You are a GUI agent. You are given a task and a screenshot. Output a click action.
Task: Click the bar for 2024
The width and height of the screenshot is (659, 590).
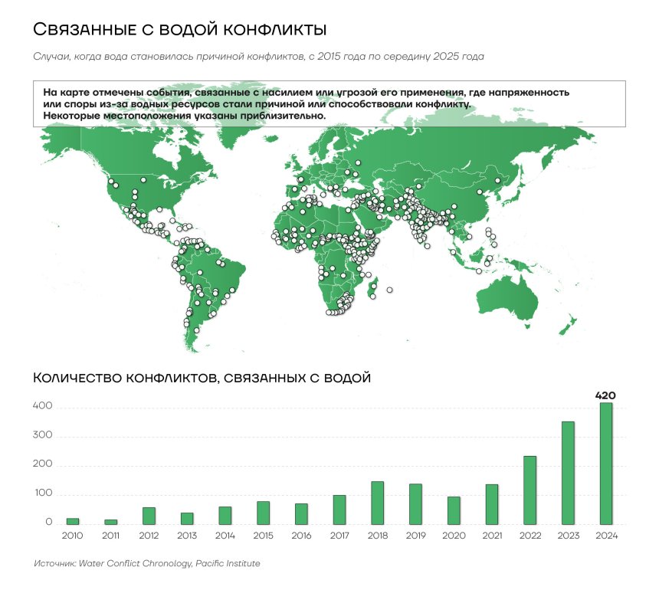pos(605,464)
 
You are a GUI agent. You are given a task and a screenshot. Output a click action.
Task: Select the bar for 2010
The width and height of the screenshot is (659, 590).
pos(73,521)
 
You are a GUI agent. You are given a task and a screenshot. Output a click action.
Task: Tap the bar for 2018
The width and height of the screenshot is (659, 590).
pos(377,503)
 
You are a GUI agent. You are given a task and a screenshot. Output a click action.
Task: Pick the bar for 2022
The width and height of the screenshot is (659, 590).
pos(529,490)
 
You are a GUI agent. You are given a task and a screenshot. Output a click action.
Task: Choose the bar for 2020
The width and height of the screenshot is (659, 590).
pos(454,510)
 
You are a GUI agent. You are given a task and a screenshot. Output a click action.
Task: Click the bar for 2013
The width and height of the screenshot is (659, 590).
pos(187,519)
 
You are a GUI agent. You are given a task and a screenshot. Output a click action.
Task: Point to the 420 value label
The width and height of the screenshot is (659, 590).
pos(605,395)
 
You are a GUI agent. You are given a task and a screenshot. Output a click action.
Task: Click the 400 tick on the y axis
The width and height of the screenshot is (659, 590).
pos(43,407)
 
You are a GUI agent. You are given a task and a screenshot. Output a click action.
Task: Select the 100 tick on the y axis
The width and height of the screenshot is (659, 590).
pos(43,494)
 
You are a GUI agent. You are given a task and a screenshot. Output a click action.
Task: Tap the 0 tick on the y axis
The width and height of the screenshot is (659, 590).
pos(48,523)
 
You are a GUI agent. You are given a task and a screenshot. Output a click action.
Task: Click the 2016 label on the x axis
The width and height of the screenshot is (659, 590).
pos(301,536)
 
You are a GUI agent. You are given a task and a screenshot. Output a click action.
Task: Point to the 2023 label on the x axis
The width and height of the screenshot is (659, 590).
pos(568,536)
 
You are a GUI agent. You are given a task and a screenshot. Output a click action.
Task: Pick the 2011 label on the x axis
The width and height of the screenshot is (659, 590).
pos(110,536)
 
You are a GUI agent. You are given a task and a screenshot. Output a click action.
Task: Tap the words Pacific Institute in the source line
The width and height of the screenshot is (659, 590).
pos(228,564)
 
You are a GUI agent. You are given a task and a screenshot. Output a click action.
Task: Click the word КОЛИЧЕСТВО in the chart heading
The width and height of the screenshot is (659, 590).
pos(77,378)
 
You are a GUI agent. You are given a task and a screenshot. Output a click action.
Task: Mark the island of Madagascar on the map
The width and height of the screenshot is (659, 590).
pos(374,290)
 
